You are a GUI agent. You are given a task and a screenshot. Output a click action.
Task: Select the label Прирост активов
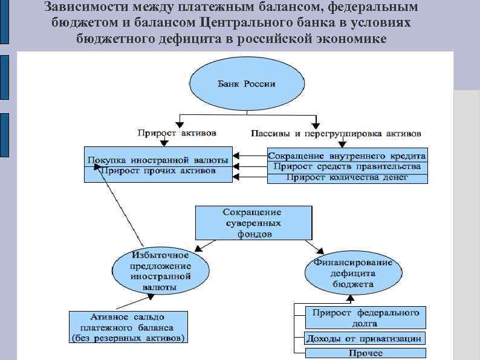pos(176,133)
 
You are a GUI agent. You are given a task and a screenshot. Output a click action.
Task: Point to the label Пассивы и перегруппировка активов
pos(336,133)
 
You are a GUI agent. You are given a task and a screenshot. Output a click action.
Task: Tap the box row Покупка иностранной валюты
pos(158,160)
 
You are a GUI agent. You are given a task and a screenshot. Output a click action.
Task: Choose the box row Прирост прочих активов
pos(158,171)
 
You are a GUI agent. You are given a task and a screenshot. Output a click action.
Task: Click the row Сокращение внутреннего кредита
pos(347,155)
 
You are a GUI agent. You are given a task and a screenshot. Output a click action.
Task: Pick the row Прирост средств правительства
pos(347,166)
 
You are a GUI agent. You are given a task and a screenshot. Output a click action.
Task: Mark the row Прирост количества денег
pos(347,177)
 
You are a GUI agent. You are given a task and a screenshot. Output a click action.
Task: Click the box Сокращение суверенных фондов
pos(253,223)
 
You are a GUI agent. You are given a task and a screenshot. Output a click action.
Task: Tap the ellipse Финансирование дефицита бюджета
pos(352,273)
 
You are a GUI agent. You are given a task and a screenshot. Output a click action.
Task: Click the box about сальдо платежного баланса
pos(128,327)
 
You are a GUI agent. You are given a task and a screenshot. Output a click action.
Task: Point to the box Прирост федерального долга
pos(365,317)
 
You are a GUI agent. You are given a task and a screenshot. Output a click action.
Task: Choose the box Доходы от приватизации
pos(365,338)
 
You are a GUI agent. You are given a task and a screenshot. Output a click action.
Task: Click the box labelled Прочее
pos(365,353)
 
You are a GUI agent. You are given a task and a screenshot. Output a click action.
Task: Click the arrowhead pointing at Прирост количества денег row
pos(236,177)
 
